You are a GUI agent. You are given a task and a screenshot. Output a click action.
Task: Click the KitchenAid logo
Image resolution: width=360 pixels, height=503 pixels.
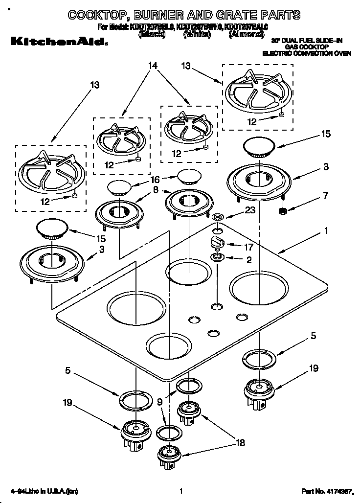pos(58,43)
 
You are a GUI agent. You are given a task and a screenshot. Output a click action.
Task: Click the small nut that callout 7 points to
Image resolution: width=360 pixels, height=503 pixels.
pos(282,211)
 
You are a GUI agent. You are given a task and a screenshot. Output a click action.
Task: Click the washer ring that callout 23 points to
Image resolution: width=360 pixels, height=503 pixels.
pos(218,217)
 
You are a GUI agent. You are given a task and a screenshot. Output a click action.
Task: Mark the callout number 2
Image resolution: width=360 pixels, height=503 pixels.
pos(249,260)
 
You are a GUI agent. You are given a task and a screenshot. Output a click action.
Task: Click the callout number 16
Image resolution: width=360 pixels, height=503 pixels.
pos(155,180)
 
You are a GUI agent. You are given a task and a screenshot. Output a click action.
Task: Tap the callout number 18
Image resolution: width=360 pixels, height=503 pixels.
pos(240,443)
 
